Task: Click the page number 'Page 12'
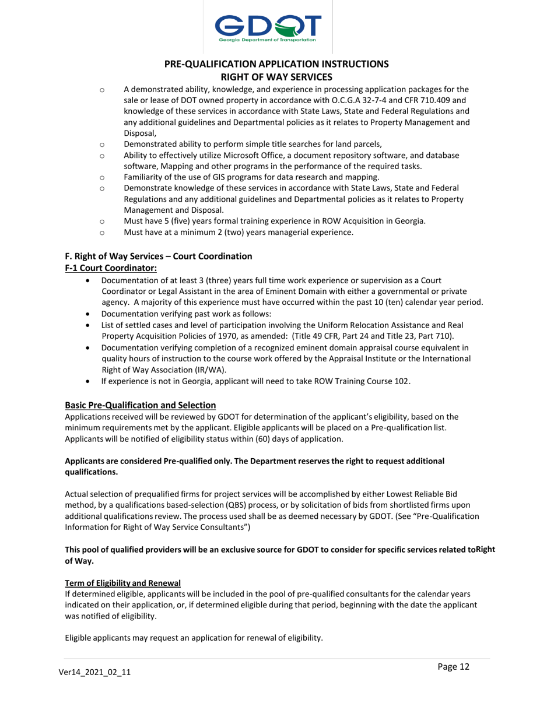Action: (453, 667)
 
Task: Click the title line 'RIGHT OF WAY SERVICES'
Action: (276, 76)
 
